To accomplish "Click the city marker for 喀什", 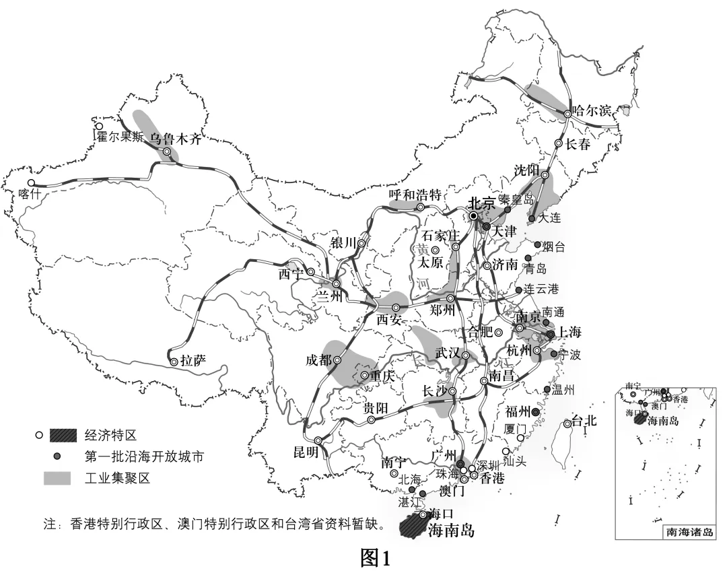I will pos(31,183).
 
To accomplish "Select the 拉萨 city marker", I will pos(174,362).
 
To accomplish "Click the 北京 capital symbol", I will pos(474,215).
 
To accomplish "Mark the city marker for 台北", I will pos(568,423).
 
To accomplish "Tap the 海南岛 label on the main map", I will pos(451,531).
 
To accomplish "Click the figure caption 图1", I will pos(375,557).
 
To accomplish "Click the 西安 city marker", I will pos(396,307).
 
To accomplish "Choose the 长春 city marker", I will pos(558,143).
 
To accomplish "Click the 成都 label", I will pos(318,360).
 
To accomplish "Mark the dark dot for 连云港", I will pos(518,290).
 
